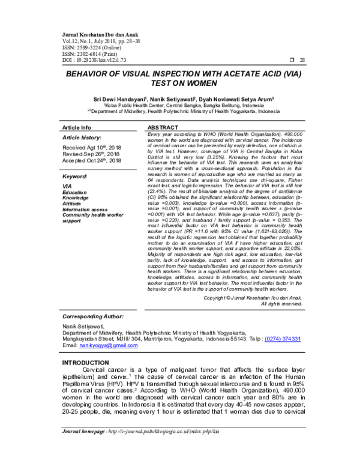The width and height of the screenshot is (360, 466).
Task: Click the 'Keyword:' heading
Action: pos(76,177)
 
